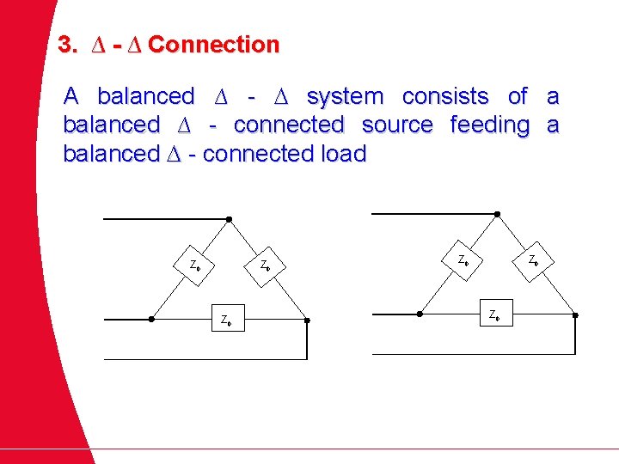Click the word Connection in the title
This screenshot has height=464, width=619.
(x=214, y=45)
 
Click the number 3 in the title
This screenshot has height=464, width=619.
(x=64, y=45)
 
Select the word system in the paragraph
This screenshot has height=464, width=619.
(x=345, y=96)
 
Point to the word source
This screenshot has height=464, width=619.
(x=397, y=125)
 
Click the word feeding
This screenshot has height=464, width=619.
(x=490, y=125)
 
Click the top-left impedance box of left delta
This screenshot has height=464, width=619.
(x=195, y=264)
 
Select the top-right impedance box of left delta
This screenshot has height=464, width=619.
(x=266, y=264)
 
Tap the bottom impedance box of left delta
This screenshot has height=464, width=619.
(x=226, y=319)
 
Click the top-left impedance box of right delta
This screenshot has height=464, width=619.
(x=463, y=259)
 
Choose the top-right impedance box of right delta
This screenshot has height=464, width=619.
(x=533, y=259)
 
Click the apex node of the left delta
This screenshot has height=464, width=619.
(x=230, y=219)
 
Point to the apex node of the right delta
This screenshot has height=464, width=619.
(x=497, y=214)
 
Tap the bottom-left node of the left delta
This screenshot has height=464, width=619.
(x=152, y=320)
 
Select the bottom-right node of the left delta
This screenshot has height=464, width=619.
(x=307, y=320)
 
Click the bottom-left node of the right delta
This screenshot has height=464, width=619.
(x=420, y=314)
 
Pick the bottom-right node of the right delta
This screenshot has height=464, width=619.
(x=574, y=314)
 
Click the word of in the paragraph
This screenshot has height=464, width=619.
(x=518, y=96)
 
